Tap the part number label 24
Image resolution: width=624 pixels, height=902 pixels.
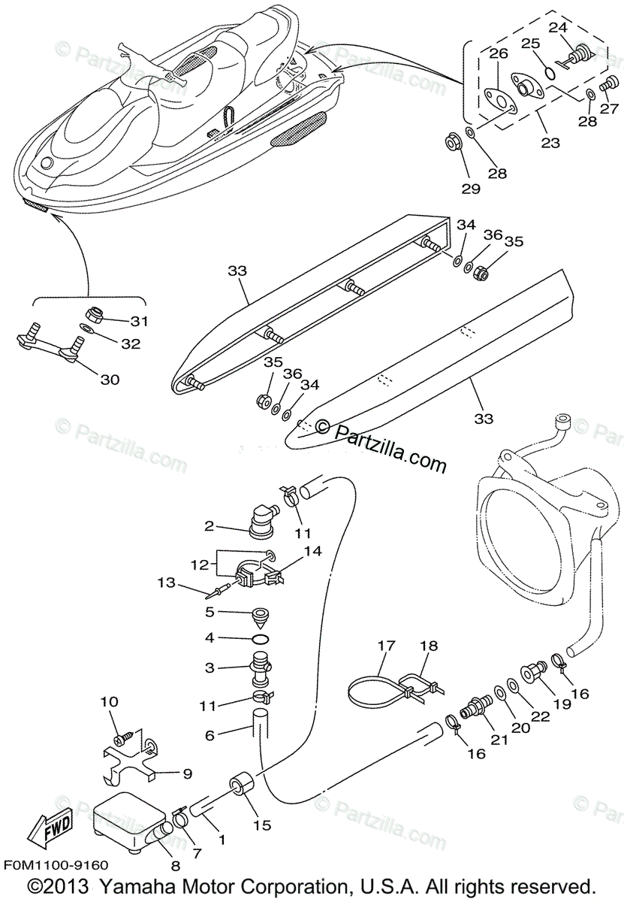pos(557,28)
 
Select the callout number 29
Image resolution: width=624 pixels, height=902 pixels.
pos(471,189)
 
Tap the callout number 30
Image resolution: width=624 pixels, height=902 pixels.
pos(110,380)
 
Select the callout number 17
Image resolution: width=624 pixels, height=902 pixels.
pos(386,646)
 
